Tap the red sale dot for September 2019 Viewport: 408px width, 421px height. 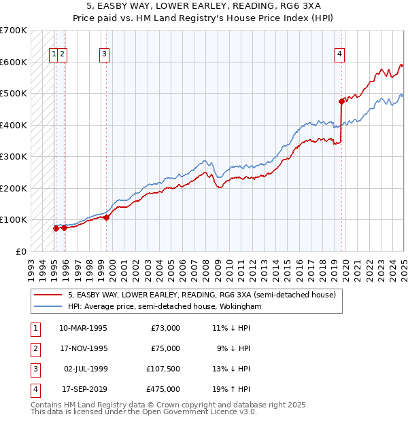coord(341,101)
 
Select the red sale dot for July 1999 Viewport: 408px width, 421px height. coord(107,217)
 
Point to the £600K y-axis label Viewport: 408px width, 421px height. coord(13,62)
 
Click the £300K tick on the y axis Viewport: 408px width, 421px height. coord(13,157)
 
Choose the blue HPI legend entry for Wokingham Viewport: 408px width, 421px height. coord(165,307)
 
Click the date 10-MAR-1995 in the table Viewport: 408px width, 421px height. coord(84,328)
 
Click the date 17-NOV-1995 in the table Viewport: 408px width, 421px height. coord(84,348)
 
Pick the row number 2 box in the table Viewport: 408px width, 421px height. coord(34,348)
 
